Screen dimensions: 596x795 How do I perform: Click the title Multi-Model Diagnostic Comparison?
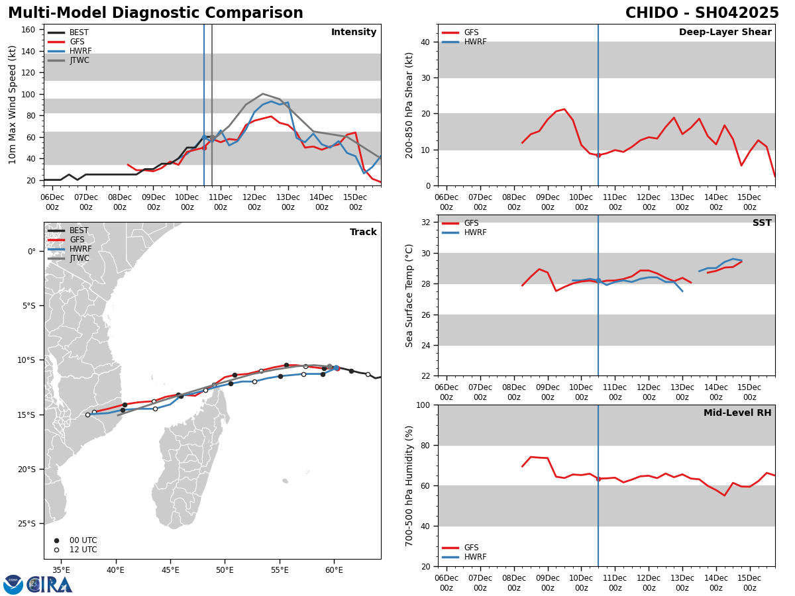click(156, 13)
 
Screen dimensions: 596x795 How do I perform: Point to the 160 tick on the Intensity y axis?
click(28, 30)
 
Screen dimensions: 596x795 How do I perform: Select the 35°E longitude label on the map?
click(61, 570)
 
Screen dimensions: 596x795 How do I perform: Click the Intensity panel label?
click(354, 32)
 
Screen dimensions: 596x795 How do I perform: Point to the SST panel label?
click(762, 223)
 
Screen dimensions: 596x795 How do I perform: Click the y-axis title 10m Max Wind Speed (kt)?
click(13, 105)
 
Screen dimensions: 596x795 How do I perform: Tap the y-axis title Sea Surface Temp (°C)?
click(409, 295)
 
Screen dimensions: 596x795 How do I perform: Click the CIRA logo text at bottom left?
click(50, 585)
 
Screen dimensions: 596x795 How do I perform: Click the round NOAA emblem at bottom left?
click(13, 585)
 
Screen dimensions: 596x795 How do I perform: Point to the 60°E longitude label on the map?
click(334, 570)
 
